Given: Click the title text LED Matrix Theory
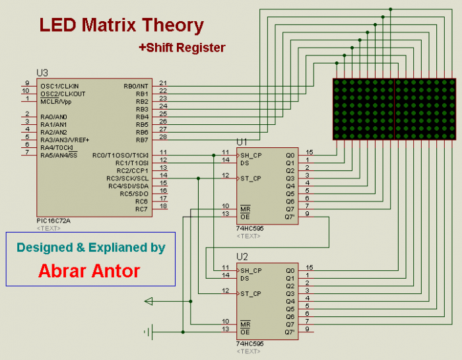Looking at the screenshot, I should click(x=121, y=26).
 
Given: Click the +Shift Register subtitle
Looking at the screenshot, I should click(x=181, y=48).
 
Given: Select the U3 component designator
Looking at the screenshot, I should click(x=42, y=73).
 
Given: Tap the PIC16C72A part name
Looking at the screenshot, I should click(x=53, y=221).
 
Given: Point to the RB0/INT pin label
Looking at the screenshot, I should click(x=137, y=86).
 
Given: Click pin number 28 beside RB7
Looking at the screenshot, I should click(x=163, y=137).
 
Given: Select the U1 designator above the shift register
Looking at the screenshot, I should click(x=242, y=141).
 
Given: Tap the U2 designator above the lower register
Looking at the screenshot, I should click(x=242, y=256).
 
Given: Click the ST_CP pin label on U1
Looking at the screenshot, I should click(x=251, y=178).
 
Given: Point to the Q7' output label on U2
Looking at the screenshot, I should click(x=290, y=332).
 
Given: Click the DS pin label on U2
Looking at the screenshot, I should click(x=244, y=278).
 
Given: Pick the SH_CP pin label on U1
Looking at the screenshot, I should click(x=251, y=156).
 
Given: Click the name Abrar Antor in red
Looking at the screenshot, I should click(x=89, y=271).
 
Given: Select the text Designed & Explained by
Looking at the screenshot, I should click(x=90, y=248).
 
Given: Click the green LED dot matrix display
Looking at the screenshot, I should click(x=393, y=109).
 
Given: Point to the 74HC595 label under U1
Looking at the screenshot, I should click(x=249, y=229).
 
